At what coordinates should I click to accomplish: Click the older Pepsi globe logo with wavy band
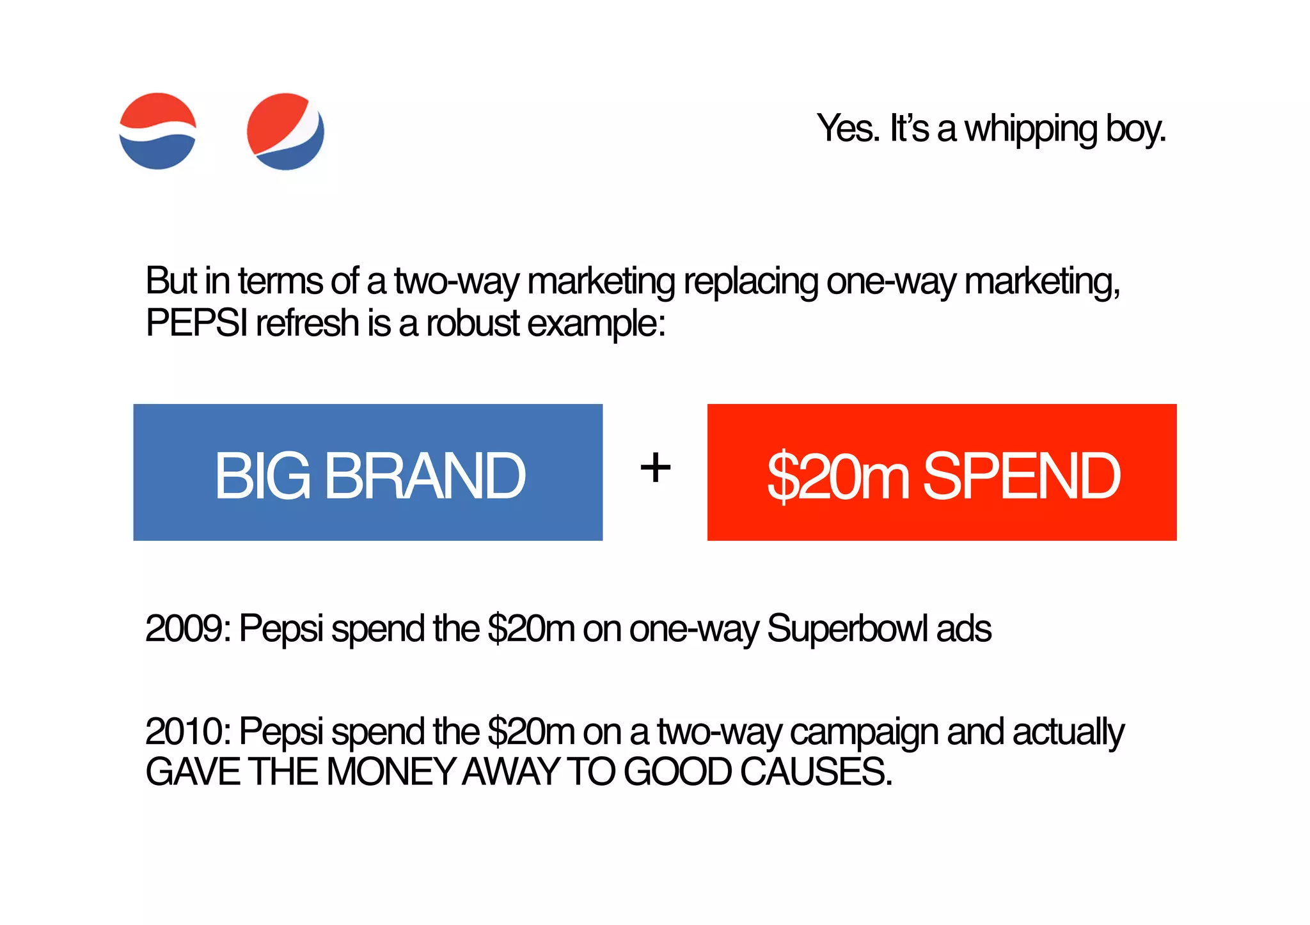coord(157,131)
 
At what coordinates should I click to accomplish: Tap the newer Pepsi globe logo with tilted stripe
coord(285,132)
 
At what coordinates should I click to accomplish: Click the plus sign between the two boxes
coord(655,468)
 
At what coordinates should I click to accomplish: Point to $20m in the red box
coord(838,476)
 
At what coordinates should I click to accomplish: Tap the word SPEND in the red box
coord(1022,476)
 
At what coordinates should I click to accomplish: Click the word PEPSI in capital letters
coord(197,323)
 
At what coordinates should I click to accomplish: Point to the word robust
coord(473,323)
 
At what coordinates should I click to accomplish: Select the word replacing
coord(751,282)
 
